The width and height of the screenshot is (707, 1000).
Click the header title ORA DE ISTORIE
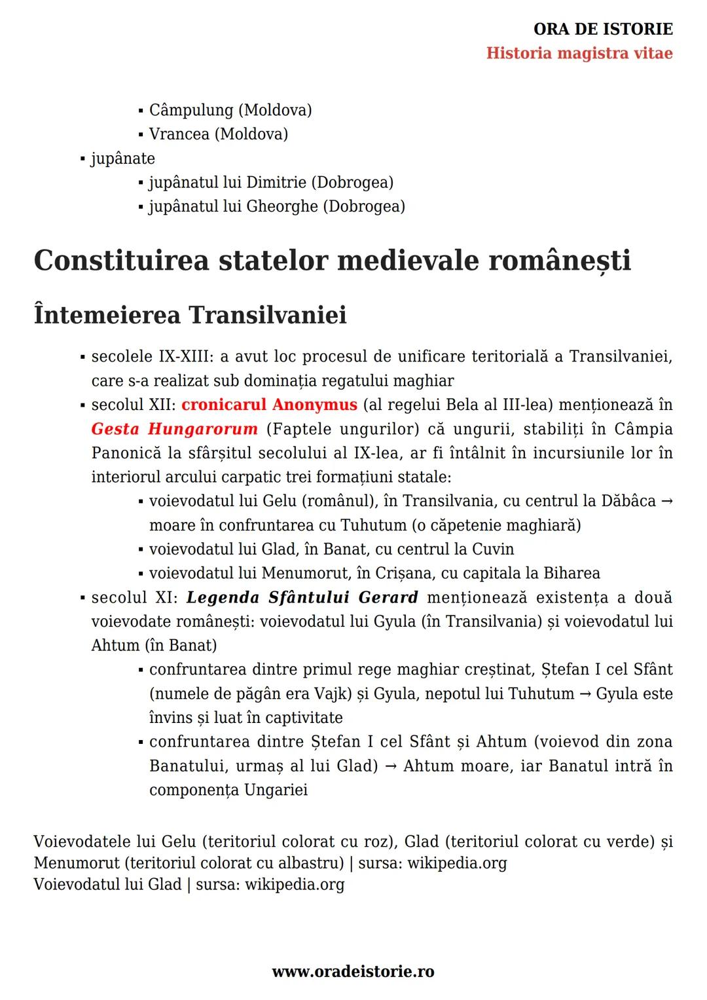coord(603,29)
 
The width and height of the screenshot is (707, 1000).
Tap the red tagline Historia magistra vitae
coord(579,53)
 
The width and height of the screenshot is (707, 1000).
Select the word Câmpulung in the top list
coord(190,110)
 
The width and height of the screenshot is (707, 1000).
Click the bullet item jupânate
coord(122,158)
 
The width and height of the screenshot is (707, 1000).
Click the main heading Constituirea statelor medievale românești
coord(332,260)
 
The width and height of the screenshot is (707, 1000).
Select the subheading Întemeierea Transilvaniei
coord(190,315)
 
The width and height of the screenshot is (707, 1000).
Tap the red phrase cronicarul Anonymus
coord(269,405)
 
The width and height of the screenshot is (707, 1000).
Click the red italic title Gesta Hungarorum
coord(174,429)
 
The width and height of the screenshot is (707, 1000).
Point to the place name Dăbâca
coord(619,501)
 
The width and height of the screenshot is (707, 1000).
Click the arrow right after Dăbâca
coord(667,501)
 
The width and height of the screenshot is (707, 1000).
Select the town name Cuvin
coord(493,549)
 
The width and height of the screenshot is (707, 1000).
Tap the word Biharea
coord(571,573)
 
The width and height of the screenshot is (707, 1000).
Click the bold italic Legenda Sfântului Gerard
coord(302,597)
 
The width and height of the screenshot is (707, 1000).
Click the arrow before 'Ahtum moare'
coord(391,766)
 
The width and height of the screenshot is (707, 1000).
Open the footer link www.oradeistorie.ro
coord(353,972)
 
